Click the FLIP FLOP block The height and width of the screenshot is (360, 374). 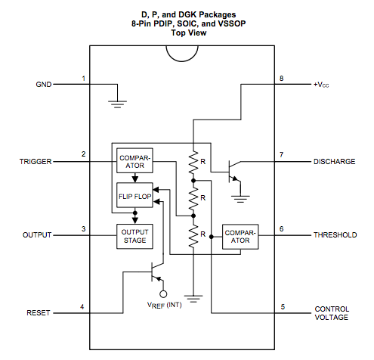point(134,195)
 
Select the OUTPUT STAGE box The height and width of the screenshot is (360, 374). point(134,236)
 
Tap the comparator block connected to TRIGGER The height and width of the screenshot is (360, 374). point(134,160)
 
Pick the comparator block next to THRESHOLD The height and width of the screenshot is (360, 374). point(240,237)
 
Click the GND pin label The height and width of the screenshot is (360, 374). point(44,85)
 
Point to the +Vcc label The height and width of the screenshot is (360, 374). point(321,85)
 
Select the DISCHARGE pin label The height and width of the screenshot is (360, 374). point(334,162)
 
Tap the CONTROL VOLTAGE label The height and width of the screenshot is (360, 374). point(332,313)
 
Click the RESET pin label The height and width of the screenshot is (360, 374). point(39,313)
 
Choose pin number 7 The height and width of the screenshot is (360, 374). point(281,154)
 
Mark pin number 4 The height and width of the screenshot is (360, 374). point(82,306)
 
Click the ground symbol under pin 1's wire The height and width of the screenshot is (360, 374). point(117,104)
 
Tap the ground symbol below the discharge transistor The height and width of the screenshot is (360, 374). point(240,199)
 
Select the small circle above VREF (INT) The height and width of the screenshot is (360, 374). point(163,294)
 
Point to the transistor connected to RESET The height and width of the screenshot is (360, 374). point(157,272)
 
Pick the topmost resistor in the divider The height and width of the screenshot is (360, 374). point(193,163)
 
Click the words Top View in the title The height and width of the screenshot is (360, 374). point(189,33)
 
